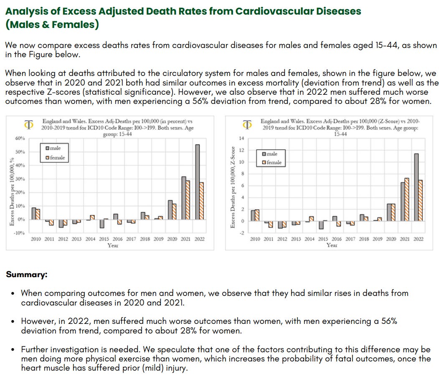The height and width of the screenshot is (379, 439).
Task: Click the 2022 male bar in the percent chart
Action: click(197, 182)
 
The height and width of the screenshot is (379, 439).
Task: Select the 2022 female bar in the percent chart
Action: click(202, 201)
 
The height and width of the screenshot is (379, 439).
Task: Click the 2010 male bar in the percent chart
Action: click(34, 213)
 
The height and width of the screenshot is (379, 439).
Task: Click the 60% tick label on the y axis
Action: click(20, 138)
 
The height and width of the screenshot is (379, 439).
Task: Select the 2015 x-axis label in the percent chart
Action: click(104, 239)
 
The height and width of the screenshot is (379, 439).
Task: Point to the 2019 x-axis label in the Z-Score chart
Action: click(378, 239)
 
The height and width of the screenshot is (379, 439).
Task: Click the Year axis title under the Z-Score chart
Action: click(332, 245)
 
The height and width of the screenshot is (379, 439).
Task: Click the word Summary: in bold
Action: click(27, 275)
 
